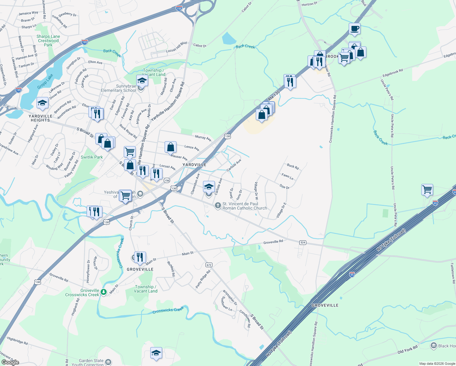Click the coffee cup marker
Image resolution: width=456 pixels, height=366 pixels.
[354, 29]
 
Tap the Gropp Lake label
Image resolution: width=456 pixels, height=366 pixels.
[45, 81]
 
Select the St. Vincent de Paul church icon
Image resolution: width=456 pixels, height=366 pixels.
[218, 206]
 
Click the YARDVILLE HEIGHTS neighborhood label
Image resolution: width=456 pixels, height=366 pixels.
[41, 118]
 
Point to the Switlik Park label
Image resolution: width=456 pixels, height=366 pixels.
[92, 157]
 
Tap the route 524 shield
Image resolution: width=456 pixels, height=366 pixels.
[303, 242]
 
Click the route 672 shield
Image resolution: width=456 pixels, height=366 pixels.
[209, 265]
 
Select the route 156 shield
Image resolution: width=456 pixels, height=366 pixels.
[167, 181]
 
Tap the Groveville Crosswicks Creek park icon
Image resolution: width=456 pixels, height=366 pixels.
[104, 292]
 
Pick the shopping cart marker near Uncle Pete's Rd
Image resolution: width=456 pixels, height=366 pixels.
[427, 190]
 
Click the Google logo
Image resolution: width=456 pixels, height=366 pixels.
[10, 362]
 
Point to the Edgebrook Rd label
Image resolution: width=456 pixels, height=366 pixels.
[393, 73]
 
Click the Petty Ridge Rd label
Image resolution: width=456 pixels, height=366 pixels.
[203, 279]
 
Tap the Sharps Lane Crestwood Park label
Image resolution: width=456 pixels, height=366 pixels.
[48, 41]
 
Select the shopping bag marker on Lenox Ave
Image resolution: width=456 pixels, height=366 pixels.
[171, 147]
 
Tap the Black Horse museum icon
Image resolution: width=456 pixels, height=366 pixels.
[433, 346]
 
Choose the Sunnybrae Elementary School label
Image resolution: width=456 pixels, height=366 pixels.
[119, 88]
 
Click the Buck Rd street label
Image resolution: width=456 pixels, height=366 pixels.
[293, 167]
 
